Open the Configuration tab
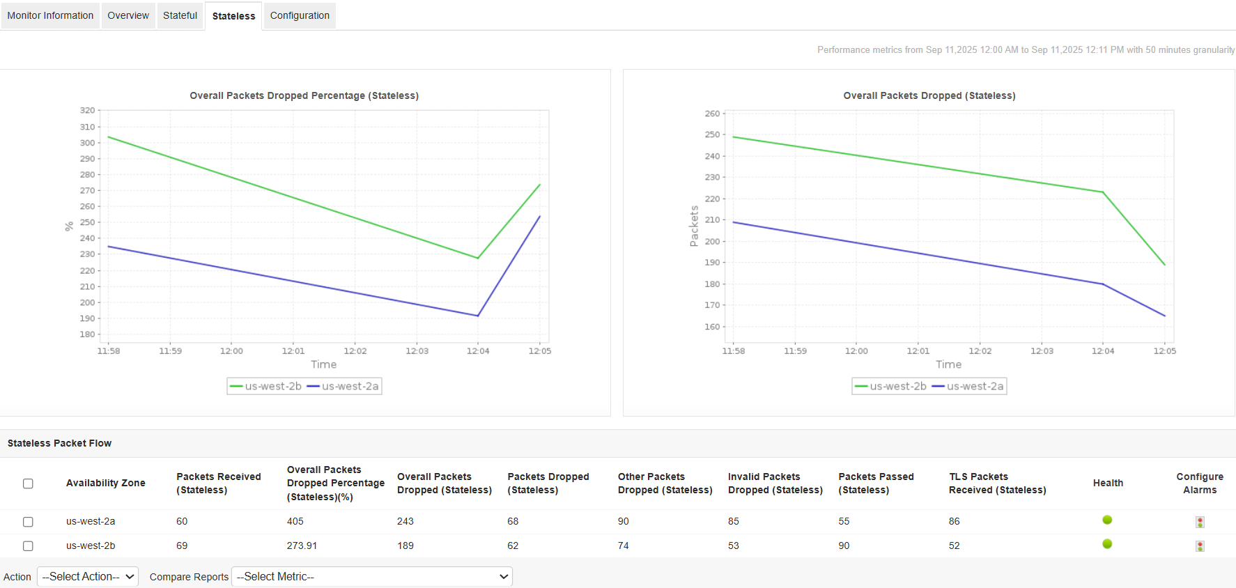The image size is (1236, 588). (x=300, y=15)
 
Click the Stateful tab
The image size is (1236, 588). (x=180, y=15)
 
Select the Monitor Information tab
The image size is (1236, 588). (x=50, y=15)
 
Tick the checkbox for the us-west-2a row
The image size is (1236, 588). (x=28, y=522)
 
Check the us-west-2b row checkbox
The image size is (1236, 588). (x=28, y=546)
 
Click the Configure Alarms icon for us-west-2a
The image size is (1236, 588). (x=1200, y=522)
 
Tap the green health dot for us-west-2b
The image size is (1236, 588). (x=1107, y=544)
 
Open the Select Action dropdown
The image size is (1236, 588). (x=88, y=577)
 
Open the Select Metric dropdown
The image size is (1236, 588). (x=371, y=577)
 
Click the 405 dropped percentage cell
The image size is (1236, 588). (x=295, y=521)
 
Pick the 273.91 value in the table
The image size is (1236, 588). (x=302, y=546)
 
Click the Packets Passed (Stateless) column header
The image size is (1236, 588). (x=876, y=483)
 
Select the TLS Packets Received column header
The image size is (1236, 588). (x=997, y=483)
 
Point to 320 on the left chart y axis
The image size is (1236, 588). (x=87, y=110)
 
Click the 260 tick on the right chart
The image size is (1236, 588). (x=712, y=114)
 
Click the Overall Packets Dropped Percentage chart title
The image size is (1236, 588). (x=304, y=95)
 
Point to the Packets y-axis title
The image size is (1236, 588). (x=694, y=226)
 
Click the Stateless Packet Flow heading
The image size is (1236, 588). (x=59, y=443)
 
